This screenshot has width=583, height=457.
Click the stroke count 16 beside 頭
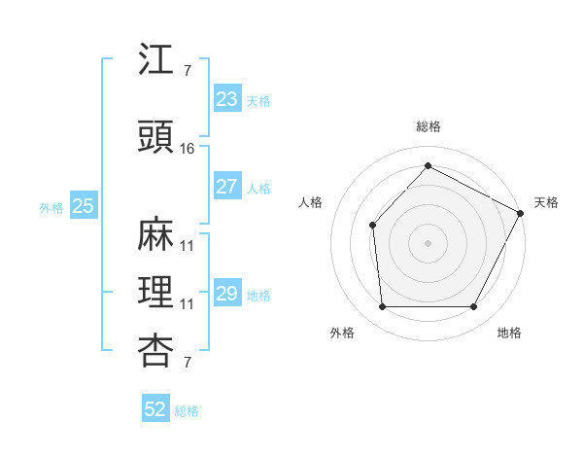point(188,148)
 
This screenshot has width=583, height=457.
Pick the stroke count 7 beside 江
point(187,70)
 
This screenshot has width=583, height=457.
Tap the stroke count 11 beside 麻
point(188,245)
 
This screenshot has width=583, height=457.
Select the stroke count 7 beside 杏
point(187,363)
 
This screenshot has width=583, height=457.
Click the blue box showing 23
point(226,99)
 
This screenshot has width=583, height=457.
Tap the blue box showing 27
point(226,187)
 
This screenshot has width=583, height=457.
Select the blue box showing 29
point(226,294)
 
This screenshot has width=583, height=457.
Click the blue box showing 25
point(83,206)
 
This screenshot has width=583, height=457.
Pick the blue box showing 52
point(155,410)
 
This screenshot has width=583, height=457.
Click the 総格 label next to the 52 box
point(187,411)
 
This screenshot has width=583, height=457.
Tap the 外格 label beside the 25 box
point(51,207)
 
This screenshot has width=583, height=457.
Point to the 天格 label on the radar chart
point(546,202)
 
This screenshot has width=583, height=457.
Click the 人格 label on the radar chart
point(311,202)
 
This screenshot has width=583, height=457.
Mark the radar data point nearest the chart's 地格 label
point(474,307)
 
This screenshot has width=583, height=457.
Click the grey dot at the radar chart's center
point(428,242)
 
